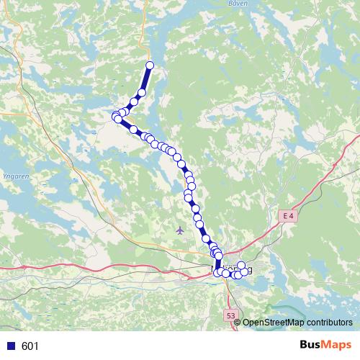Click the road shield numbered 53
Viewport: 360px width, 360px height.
tap(230, 315)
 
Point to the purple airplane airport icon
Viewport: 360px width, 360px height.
tap(179, 230)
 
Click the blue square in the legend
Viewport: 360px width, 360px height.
tap(10, 346)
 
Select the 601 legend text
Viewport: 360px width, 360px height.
tap(30, 346)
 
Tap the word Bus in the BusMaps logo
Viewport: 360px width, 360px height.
tap(311, 346)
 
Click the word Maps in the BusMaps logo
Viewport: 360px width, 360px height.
tap(337, 346)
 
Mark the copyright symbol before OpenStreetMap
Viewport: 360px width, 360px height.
tap(238, 323)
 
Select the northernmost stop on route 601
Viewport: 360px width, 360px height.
tap(150, 66)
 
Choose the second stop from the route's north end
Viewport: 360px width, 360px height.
tap(142, 92)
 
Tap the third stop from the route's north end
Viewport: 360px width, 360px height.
tap(134, 102)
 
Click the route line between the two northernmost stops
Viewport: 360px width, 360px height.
tap(146, 78)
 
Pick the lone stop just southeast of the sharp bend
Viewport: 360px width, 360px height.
tap(133, 129)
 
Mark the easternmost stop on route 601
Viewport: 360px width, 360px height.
tap(247, 270)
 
